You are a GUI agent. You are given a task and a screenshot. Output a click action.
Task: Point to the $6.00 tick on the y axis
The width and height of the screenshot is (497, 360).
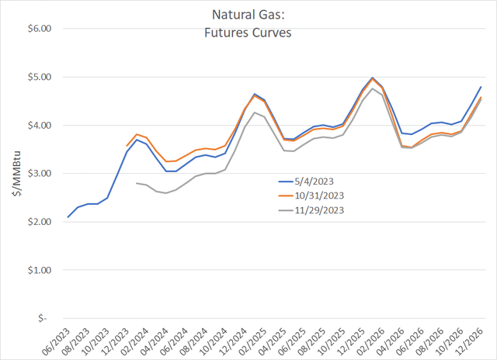pos(39,29)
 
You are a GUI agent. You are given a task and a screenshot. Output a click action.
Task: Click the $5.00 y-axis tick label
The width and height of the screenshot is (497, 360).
pos(39,77)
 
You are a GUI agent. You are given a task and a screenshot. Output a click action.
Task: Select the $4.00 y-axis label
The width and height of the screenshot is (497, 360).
pos(39,125)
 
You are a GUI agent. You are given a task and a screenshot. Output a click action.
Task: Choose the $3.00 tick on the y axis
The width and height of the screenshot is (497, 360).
pos(39,174)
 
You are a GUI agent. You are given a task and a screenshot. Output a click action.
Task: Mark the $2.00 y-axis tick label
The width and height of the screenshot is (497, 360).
pos(39,222)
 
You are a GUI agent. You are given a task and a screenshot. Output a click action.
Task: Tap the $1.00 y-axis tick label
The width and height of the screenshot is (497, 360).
pos(39,270)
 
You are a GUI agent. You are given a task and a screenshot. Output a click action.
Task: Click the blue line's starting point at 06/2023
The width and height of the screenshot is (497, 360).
pos(68,217)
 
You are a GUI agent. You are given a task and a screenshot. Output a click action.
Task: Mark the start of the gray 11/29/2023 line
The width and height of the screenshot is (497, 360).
pos(136,183)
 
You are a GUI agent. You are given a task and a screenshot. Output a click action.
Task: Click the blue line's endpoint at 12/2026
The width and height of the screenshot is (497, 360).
pos(481,87)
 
